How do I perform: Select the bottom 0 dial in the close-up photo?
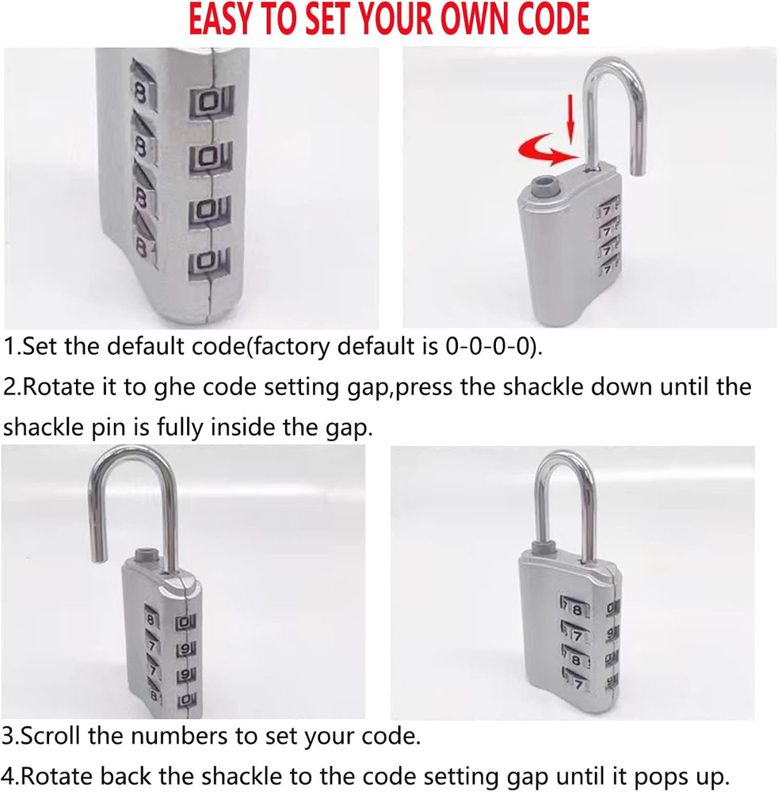click(x=208, y=261)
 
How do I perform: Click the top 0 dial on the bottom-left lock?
click(x=185, y=623)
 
